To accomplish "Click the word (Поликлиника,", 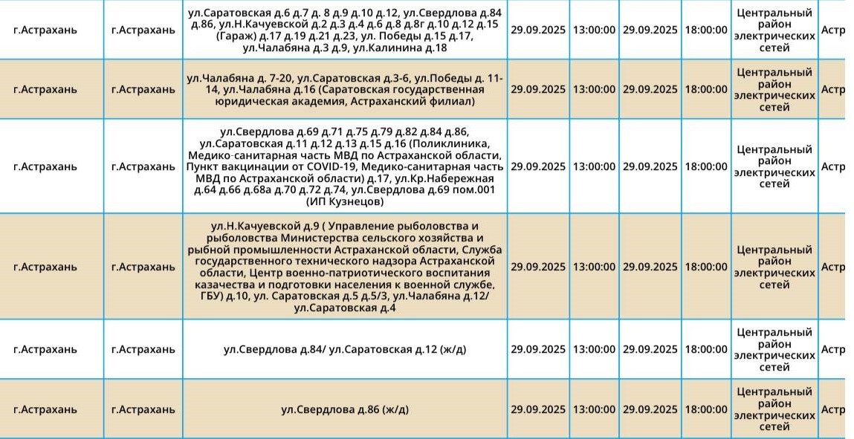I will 456,143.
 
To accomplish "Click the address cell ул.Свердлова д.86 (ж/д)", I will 345,409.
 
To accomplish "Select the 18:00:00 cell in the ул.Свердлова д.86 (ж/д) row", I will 706,409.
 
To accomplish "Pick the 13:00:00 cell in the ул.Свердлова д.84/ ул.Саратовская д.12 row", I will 593,349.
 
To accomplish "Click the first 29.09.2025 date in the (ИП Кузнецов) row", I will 537,166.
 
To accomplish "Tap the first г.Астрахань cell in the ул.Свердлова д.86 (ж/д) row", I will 45,409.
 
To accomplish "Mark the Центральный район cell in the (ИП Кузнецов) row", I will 774,166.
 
